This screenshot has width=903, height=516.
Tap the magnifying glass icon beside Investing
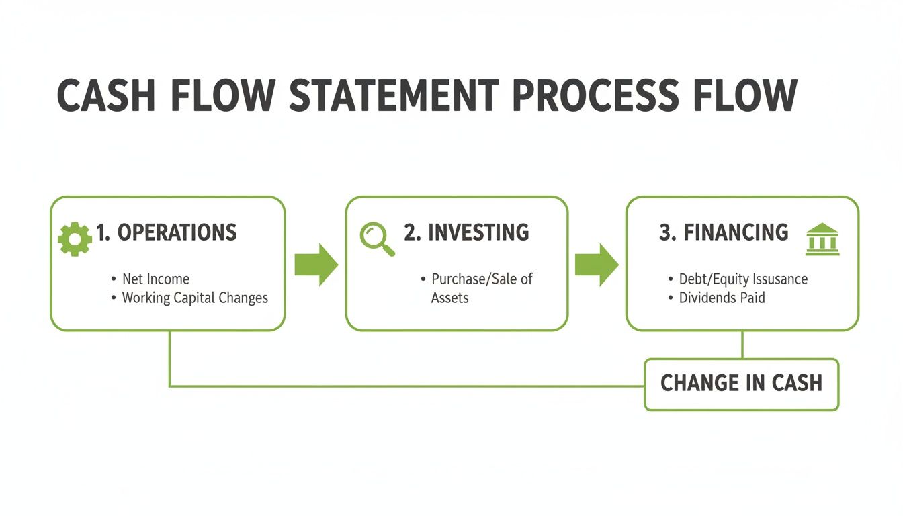tap(376, 239)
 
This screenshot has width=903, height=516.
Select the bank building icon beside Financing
tap(822, 240)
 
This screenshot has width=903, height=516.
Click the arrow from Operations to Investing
tap(316, 265)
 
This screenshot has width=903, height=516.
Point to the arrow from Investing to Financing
tap(597, 265)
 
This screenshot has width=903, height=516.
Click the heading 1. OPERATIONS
tap(166, 233)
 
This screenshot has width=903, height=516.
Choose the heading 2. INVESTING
tap(466, 233)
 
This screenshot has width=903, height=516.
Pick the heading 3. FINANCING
tap(724, 233)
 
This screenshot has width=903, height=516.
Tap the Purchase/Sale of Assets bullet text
tap(481, 288)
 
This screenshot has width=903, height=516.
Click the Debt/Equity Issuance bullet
tap(743, 279)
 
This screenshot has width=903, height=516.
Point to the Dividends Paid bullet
tap(722, 298)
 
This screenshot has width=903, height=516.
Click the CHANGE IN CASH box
tap(741, 384)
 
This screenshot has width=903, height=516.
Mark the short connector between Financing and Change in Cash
tap(742, 345)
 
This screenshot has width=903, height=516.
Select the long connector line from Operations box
tap(403, 386)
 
